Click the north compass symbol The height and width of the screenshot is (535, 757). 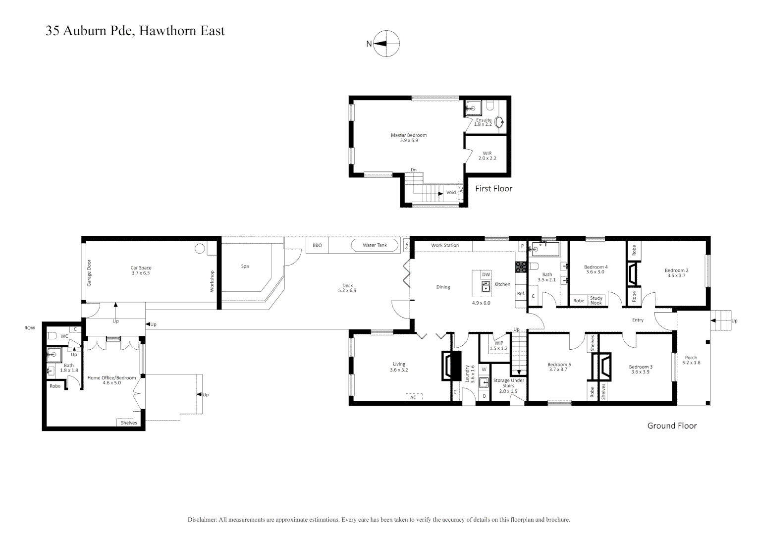click(x=386, y=44)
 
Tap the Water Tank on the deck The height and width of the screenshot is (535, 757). click(x=375, y=245)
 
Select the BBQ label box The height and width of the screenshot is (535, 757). click(x=317, y=245)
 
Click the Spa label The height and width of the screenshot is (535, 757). click(x=245, y=266)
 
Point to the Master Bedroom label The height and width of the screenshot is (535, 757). click(x=408, y=135)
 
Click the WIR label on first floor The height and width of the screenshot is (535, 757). click(x=487, y=154)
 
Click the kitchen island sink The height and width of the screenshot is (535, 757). click(x=486, y=286)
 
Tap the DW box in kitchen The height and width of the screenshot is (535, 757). click(x=486, y=274)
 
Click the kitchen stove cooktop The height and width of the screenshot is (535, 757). click(x=521, y=267)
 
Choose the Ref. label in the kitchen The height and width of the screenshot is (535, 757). click(x=521, y=293)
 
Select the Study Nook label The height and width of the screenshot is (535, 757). click(x=596, y=301)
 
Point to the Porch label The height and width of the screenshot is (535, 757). click(x=691, y=358)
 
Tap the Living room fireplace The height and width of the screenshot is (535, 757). click(x=447, y=366)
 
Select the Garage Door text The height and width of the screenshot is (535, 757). click(x=89, y=273)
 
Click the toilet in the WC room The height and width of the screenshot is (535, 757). click(x=52, y=336)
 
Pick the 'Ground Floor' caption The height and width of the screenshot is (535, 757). click(x=672, y=426)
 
